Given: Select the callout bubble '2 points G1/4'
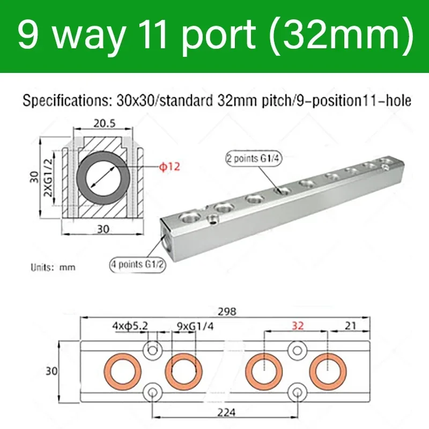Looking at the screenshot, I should click(254, 159).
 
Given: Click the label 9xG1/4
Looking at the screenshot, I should click(192, 325).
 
